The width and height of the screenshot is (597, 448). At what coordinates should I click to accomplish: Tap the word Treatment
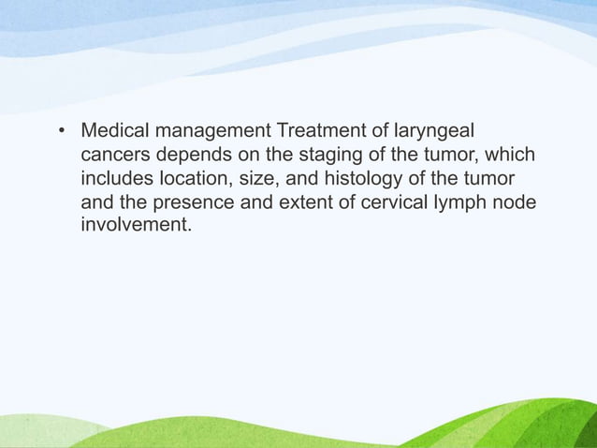coord(313,129)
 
